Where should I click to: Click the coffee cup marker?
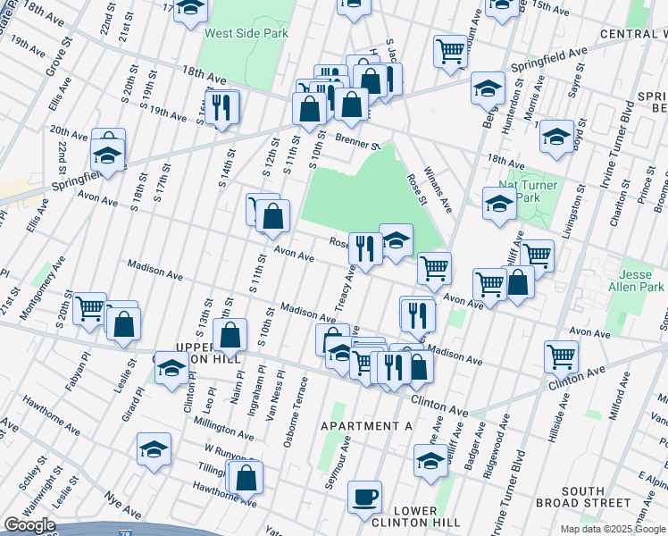(x=363, y=497)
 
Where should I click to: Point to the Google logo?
(x=29, y=525)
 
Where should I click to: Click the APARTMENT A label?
(x=366, y=426)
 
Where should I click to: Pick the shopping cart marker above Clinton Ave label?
(x=560, y=356)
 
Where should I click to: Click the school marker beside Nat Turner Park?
(x=498, y=203)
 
